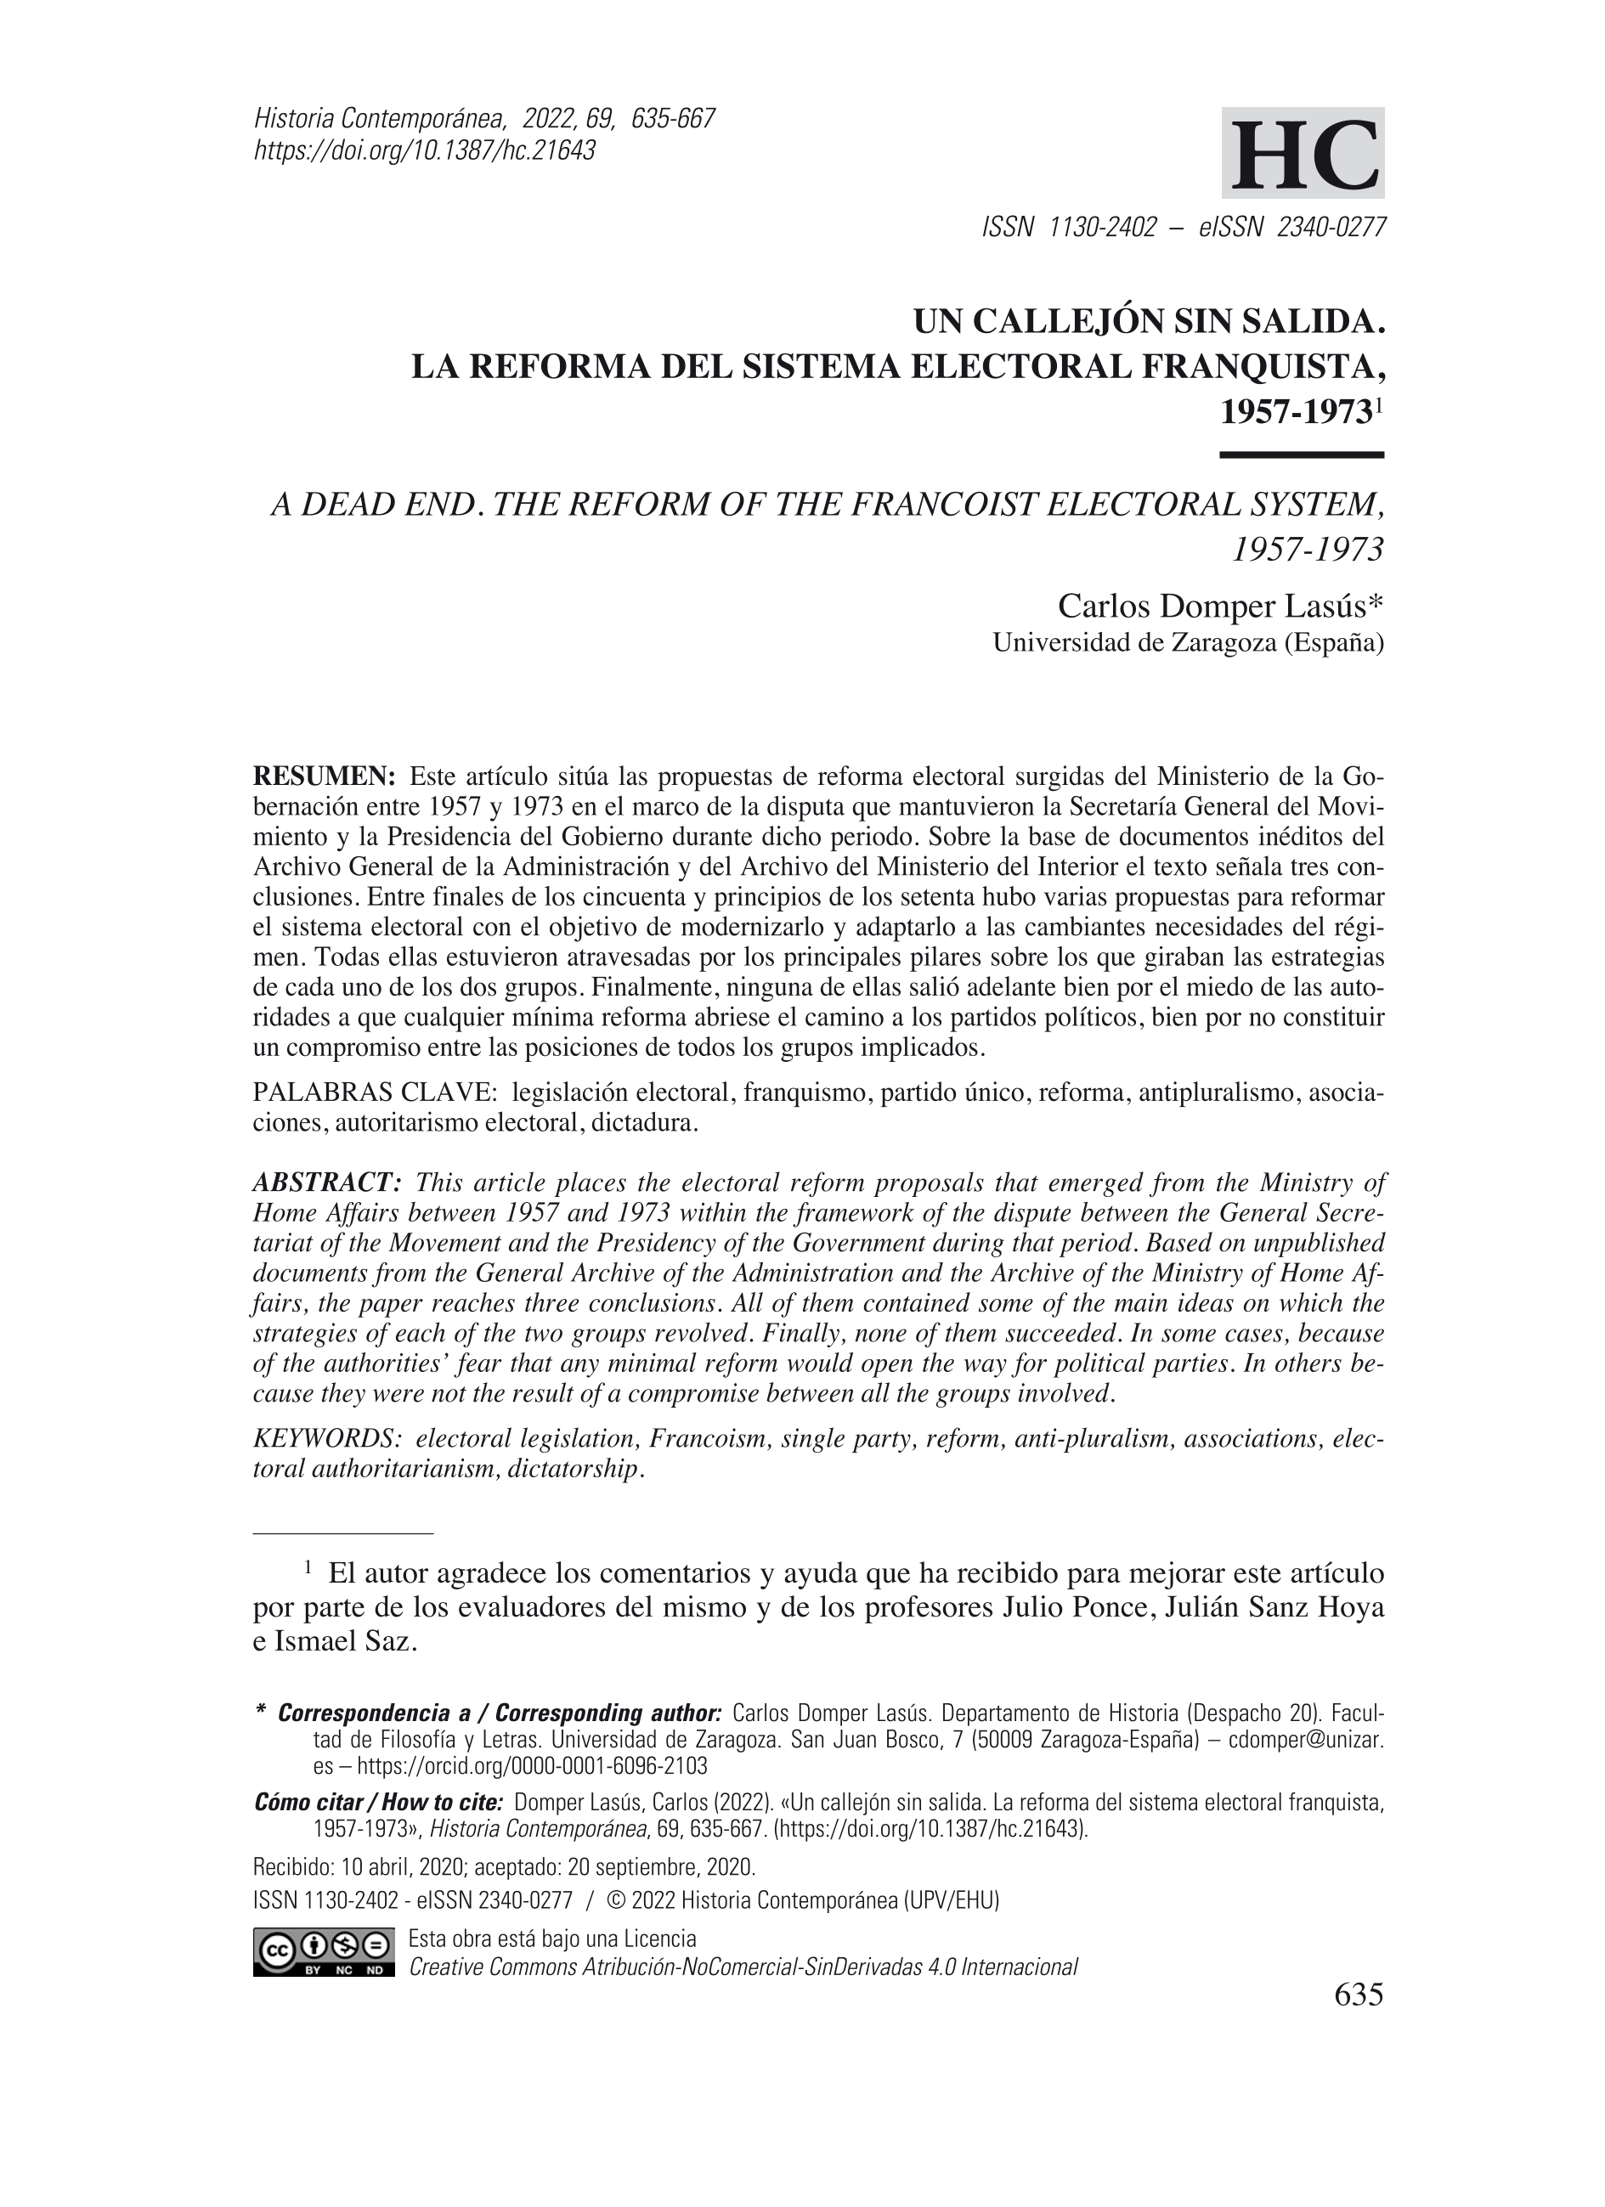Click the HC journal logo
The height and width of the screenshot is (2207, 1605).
1303,153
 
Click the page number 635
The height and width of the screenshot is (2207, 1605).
1358,1995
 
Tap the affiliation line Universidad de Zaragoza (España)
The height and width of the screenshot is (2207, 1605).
1188,643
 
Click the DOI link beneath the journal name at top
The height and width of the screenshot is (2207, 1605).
424,151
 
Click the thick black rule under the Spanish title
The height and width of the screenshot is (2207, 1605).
1302,454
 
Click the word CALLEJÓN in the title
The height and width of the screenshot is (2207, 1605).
1058,321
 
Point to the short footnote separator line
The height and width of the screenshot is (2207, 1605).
342,1533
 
